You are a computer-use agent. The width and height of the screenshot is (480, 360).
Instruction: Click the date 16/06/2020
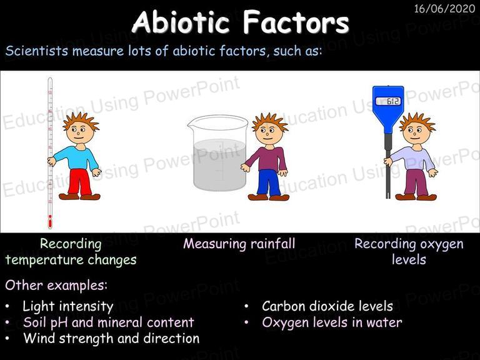pyautogui.click(x=444, y=9)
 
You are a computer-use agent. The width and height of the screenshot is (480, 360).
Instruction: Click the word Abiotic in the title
pyautogui.click(x=181, y=22)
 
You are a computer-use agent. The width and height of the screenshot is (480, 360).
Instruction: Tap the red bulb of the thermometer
pyautogui.click(x=50, y=221)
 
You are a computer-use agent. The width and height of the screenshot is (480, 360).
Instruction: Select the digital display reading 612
pyautogui.click(x=388, y=101)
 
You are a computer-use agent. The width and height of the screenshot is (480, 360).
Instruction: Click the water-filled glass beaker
pyautogui.click(x=219, y=153)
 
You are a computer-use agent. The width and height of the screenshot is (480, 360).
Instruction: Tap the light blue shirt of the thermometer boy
pyautogui.click(x=76, y=158)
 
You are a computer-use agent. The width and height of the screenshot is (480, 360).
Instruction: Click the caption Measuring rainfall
pyautogui.click(x=239, y=244)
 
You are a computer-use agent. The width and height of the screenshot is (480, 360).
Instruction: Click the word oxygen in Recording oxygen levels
pyautogui.click(x=441, y=244)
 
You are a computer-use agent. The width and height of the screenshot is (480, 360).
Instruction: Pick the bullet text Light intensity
pyautogui.click(x=68, y=306)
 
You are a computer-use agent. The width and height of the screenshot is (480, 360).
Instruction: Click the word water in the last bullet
pyautogui.click(x=384, y=322)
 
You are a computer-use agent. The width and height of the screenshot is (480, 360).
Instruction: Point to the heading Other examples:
pyautogui.click(x=56, y=285)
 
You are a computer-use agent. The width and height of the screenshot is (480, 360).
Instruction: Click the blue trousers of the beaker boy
pyautogui.click(x=269, y=182)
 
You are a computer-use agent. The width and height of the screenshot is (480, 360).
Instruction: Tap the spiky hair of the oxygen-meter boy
pyautogui.click(x=417, y=121)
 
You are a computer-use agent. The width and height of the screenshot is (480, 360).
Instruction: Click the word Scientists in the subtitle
pyautogui.click(x=36, y=51)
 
